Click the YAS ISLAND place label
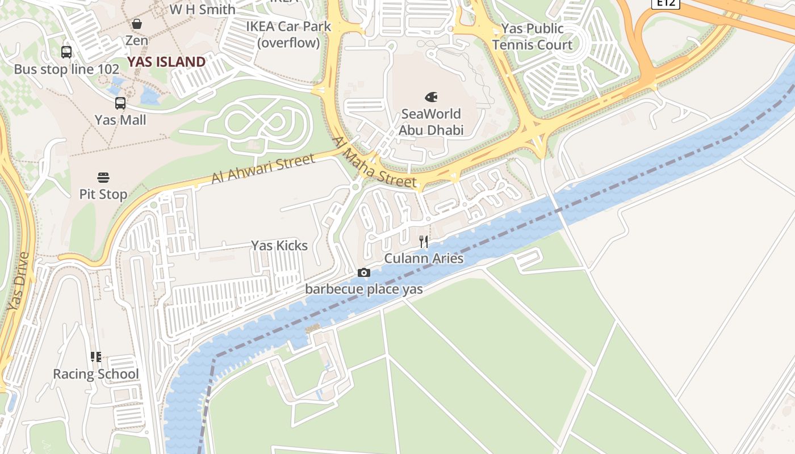[166, 62]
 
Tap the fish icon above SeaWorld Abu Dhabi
[431, 97]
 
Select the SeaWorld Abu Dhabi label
[431, 122]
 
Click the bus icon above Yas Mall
[120, 103]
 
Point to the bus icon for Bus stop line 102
[66, 52]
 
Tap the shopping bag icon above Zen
[137, 24]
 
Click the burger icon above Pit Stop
[103, 177]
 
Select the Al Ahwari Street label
[263, 169]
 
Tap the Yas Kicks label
[279, 246]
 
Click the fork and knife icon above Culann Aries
[424, 242]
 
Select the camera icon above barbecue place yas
[364, 273]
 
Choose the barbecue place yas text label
[364, 289]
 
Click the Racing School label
[95, 374]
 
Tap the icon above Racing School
[95, 357]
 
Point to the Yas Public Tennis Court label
[532, 37]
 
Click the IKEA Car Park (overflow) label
[288, 34]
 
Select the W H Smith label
[202, 10]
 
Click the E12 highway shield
[665, 3]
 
